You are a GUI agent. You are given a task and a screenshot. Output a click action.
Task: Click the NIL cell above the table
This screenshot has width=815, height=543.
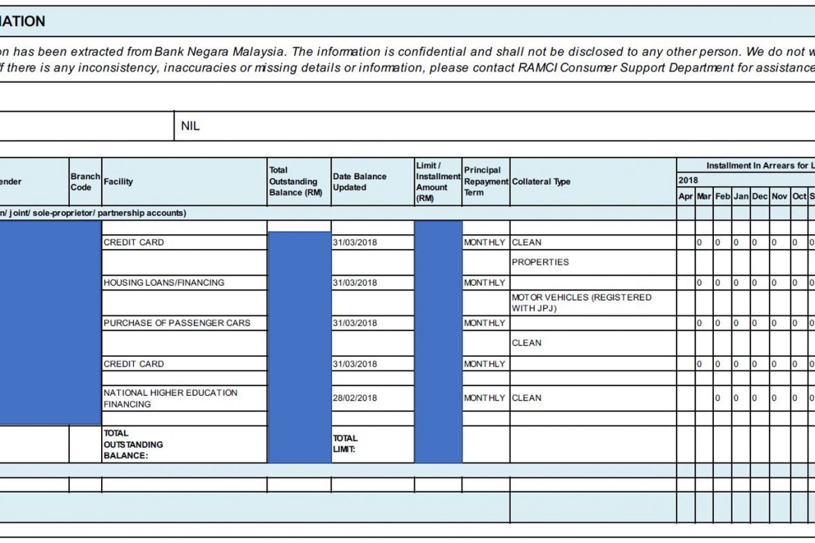tap(190, 126)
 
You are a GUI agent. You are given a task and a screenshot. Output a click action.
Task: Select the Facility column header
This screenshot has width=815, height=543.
tap(118, 182)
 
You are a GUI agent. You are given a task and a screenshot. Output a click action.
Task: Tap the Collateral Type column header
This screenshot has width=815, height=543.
tap(541, 182)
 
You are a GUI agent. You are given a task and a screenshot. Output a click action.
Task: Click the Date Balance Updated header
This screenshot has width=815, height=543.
tap(359, 182)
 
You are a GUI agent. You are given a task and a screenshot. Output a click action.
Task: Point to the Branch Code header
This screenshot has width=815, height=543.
tap(85, 182)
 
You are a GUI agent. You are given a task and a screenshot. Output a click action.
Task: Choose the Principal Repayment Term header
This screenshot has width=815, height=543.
tap(486, 181)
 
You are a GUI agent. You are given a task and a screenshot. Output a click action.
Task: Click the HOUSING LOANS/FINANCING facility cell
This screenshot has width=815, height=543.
tap(164, 282)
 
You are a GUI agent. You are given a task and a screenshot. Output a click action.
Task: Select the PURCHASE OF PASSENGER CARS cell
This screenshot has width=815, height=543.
tap(177, 323)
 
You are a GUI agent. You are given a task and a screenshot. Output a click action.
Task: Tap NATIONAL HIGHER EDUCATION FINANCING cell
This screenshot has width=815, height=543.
tap(170, 398)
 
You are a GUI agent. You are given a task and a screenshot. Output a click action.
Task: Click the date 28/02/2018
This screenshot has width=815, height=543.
tap(355, 398)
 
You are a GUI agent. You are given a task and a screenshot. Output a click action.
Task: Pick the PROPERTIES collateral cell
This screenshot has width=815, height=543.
tap(540, 262)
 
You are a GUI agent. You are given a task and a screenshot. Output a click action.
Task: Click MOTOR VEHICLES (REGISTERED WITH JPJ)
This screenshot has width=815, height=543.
tap(581, 303)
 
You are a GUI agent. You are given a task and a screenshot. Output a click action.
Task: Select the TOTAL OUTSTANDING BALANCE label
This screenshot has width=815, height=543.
tap(133, 445)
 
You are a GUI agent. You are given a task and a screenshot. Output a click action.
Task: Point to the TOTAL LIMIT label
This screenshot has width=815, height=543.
tap(345, 444)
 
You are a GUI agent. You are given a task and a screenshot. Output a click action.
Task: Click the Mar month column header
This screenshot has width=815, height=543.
tap(704, 196)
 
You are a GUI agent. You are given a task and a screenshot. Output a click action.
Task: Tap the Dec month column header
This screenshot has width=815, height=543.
tap(759, 196)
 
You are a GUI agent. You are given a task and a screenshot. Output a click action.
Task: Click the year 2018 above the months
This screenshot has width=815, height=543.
tap(688, 181)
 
